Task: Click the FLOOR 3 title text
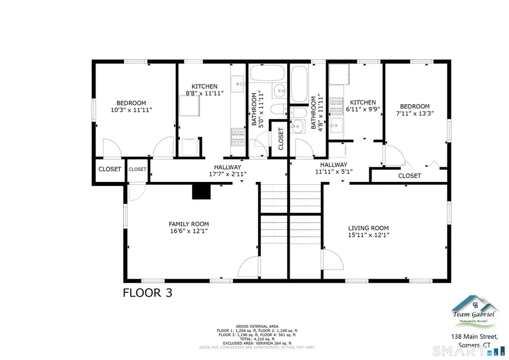tap(148, 293)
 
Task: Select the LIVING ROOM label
tap(368, 227)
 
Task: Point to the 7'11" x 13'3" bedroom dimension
tap(415, 114)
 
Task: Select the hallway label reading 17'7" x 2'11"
tap(227, 174)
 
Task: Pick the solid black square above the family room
tap(201, 192)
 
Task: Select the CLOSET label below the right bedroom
tap(409, 176)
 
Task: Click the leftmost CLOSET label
tap(110, 168)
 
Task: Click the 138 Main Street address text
tap(474, 337)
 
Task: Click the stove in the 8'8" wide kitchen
tap(236, 136)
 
